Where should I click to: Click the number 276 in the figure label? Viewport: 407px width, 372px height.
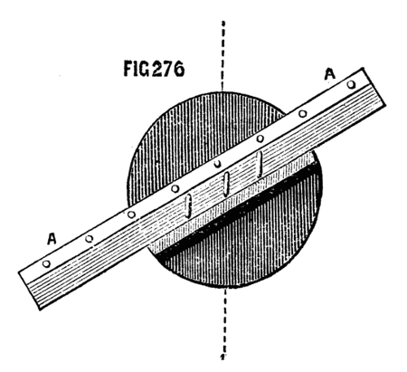(x=166, y=69)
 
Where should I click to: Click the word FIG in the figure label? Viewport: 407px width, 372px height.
(x=137, y=69)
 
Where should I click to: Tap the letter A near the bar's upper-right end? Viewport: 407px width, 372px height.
(x=330, y=74)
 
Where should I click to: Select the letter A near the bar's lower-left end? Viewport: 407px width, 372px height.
(x=52, y=239)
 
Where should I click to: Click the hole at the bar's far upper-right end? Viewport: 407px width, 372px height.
(x=351, y=85)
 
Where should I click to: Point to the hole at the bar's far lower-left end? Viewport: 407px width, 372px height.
(x=46, y=263)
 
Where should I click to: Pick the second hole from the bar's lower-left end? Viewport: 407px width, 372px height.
(x=89, y=239)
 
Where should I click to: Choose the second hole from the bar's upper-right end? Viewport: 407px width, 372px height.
(x=303, y=114)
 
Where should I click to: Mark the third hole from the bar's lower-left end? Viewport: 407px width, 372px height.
(x=131, y=215)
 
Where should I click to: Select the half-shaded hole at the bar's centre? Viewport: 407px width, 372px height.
(x=217, y=164)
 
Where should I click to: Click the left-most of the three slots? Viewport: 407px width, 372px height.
(x=188, y=206)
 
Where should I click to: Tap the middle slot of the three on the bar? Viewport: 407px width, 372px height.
(x=226, y=184)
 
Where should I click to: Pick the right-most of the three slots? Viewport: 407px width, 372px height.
(x=260, y=164)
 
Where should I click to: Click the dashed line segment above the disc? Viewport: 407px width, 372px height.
(x=222, y=56)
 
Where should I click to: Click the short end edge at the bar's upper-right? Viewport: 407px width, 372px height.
(x=374, y=87)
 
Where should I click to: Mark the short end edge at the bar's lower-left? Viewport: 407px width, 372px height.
(x=29, y=291)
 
